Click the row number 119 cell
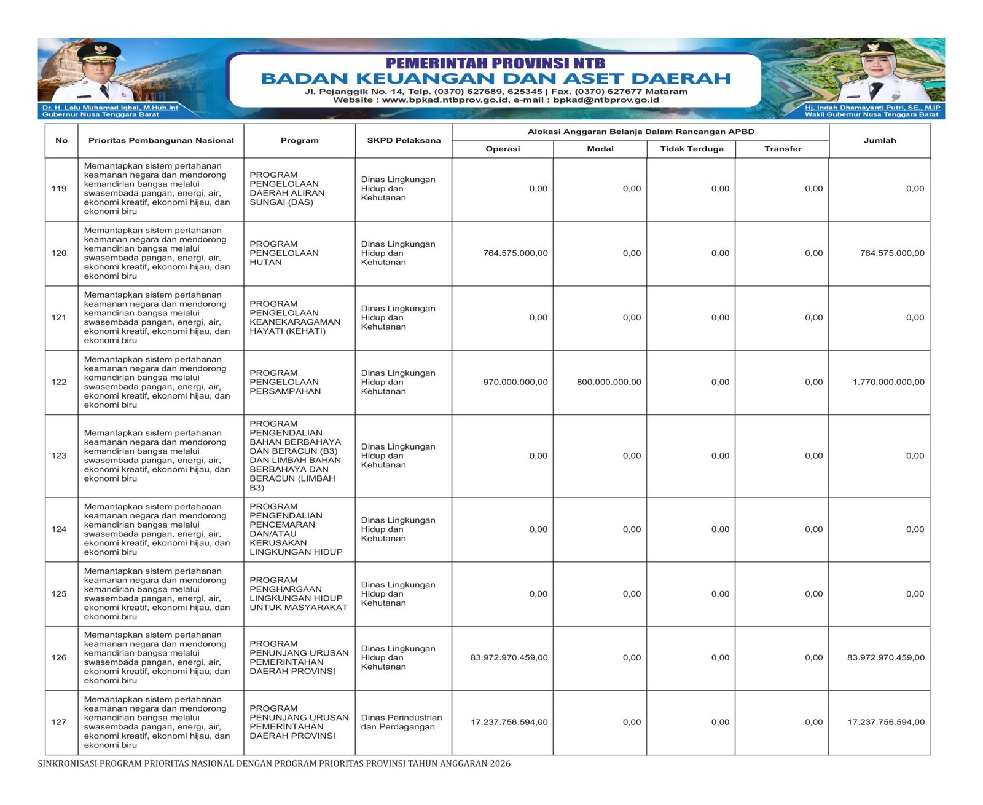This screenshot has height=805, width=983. (x=59, y=189)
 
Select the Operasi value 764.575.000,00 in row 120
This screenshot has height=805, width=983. (x=515, y=253)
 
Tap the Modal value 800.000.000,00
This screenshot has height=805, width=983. (x=608, y=383)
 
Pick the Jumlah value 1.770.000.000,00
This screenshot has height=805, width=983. (x=888, y=383)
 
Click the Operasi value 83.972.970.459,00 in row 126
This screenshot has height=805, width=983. (x=509, y=658)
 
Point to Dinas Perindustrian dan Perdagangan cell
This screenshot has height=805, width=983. (x=401, y=723)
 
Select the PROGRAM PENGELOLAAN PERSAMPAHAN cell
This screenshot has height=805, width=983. (x=285, y=383)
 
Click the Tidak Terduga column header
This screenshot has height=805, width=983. (x=691, y=149)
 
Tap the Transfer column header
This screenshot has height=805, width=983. (x=782, y=149)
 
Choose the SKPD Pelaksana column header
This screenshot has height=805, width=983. (x=404, y=141)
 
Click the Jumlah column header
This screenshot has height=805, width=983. (x=879, y=141)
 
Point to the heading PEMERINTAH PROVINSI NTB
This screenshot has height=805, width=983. (x=495, y=63)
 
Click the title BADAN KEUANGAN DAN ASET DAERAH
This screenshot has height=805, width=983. (x=495, y=79)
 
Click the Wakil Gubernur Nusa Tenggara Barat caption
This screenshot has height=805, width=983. (x=871, y=114)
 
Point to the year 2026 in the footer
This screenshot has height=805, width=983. (x=500, y=764)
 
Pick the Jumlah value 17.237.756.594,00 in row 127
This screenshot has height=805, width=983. (x=885, y=723)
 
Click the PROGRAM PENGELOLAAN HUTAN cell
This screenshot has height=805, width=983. (x=284, y=253)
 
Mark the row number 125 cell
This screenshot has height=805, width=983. (x=59, y=594)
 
